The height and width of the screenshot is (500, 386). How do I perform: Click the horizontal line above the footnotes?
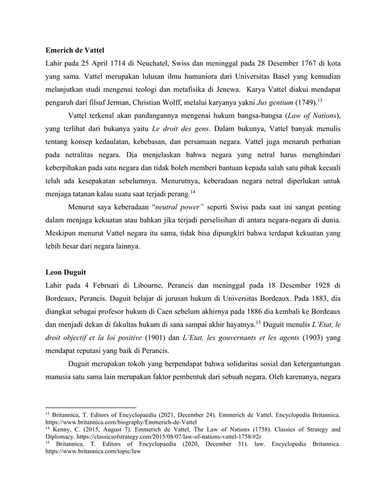91,407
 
